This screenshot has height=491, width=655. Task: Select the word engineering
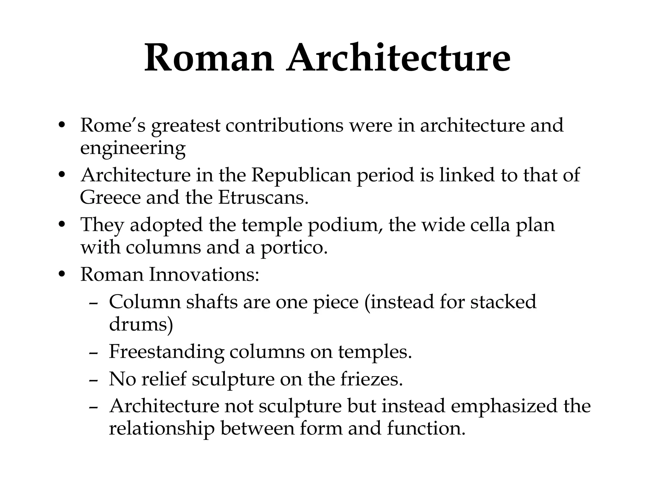133,148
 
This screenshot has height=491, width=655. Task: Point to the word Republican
301,175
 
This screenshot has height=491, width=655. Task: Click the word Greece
110,198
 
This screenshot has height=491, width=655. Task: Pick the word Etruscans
263,198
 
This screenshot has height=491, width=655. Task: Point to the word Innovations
204,275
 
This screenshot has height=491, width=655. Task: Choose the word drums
141,324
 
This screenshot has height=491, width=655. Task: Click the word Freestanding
166,352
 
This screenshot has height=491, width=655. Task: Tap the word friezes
371,379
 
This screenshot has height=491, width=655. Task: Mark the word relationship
162,429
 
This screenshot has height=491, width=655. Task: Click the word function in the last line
426,429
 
